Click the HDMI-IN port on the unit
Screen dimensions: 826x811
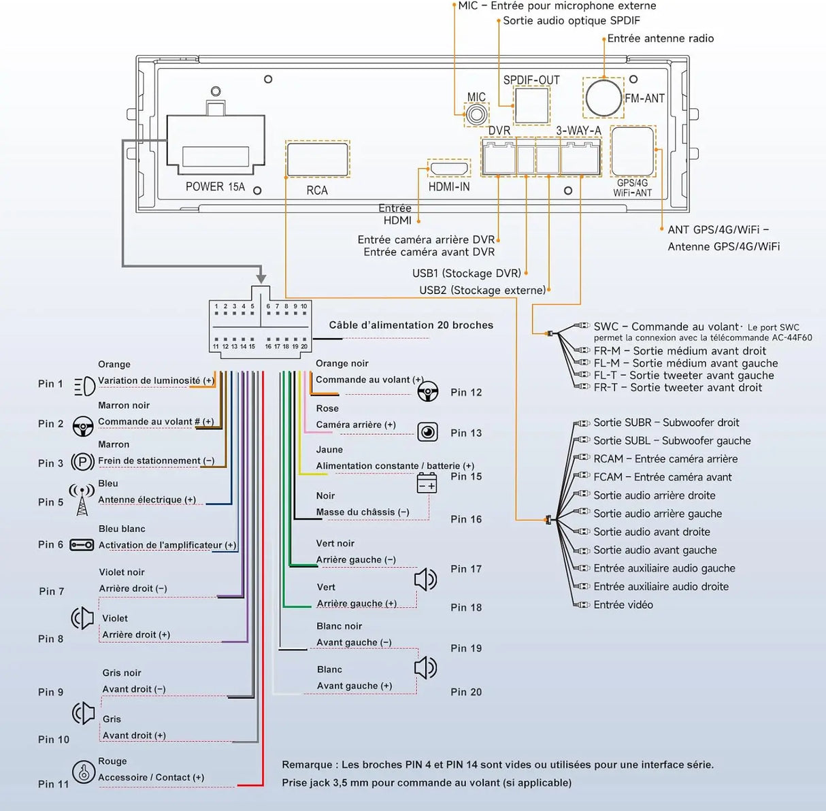click(449, 169)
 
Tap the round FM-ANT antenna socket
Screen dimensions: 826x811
click(604, 98)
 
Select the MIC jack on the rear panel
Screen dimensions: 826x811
click(476, 115)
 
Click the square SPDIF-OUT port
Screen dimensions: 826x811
click(531, 105)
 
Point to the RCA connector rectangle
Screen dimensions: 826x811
click(317, 159)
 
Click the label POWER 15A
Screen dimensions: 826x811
click(215, 186)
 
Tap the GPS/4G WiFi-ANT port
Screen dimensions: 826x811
click(633, 151)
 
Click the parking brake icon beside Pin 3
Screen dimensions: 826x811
click(83, 462)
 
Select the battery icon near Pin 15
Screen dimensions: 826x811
click(427, 483)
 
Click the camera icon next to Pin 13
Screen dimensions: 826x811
click(428, 431)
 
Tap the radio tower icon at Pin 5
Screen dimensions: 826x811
click(82, 500)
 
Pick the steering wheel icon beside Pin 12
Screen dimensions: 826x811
click(428, 391)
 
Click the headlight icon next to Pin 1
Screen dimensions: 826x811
click(84, 386)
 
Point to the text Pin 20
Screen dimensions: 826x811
click(466, 692)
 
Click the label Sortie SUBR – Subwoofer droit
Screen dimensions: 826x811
click(666, 423)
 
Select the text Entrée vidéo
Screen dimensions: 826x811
click(623, 605)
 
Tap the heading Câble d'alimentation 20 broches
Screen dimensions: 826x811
click(411, 325)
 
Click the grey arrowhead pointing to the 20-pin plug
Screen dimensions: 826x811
click(261, 279)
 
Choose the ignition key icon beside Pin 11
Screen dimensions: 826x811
click(83, 772)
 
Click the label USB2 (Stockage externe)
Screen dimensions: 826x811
click(482, 291)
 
